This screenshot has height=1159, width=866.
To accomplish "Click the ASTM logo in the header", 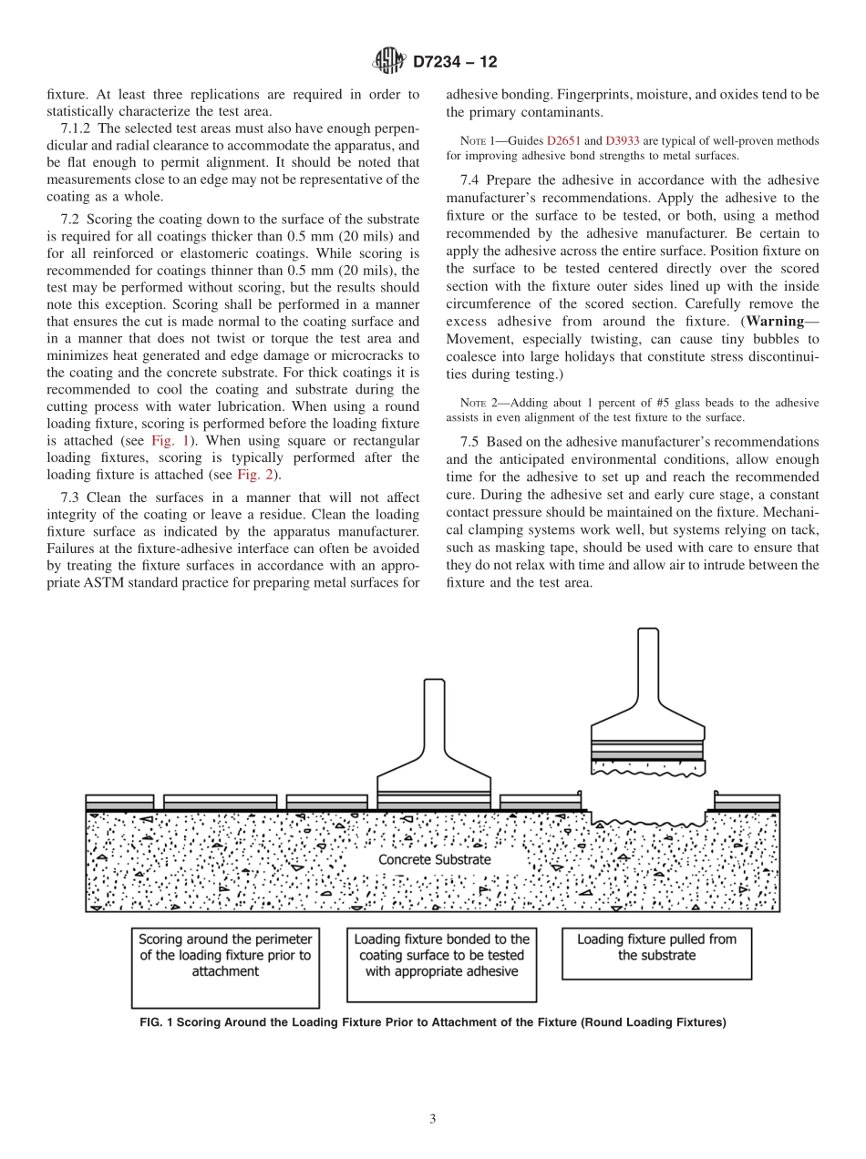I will [388, 62].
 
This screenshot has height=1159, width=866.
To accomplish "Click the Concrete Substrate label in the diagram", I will [434, 859].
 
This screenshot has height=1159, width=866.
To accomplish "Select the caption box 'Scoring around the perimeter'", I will [224, 955].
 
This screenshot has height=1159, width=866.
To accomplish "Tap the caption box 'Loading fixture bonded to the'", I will [441, 955].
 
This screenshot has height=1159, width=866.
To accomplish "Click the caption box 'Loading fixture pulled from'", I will [656, 948].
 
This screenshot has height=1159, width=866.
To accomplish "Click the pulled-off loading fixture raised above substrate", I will [647, 711].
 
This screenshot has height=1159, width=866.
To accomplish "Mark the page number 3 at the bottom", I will [434, 1119].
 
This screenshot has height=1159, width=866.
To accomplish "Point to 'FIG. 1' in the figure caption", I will [155, 1022].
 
